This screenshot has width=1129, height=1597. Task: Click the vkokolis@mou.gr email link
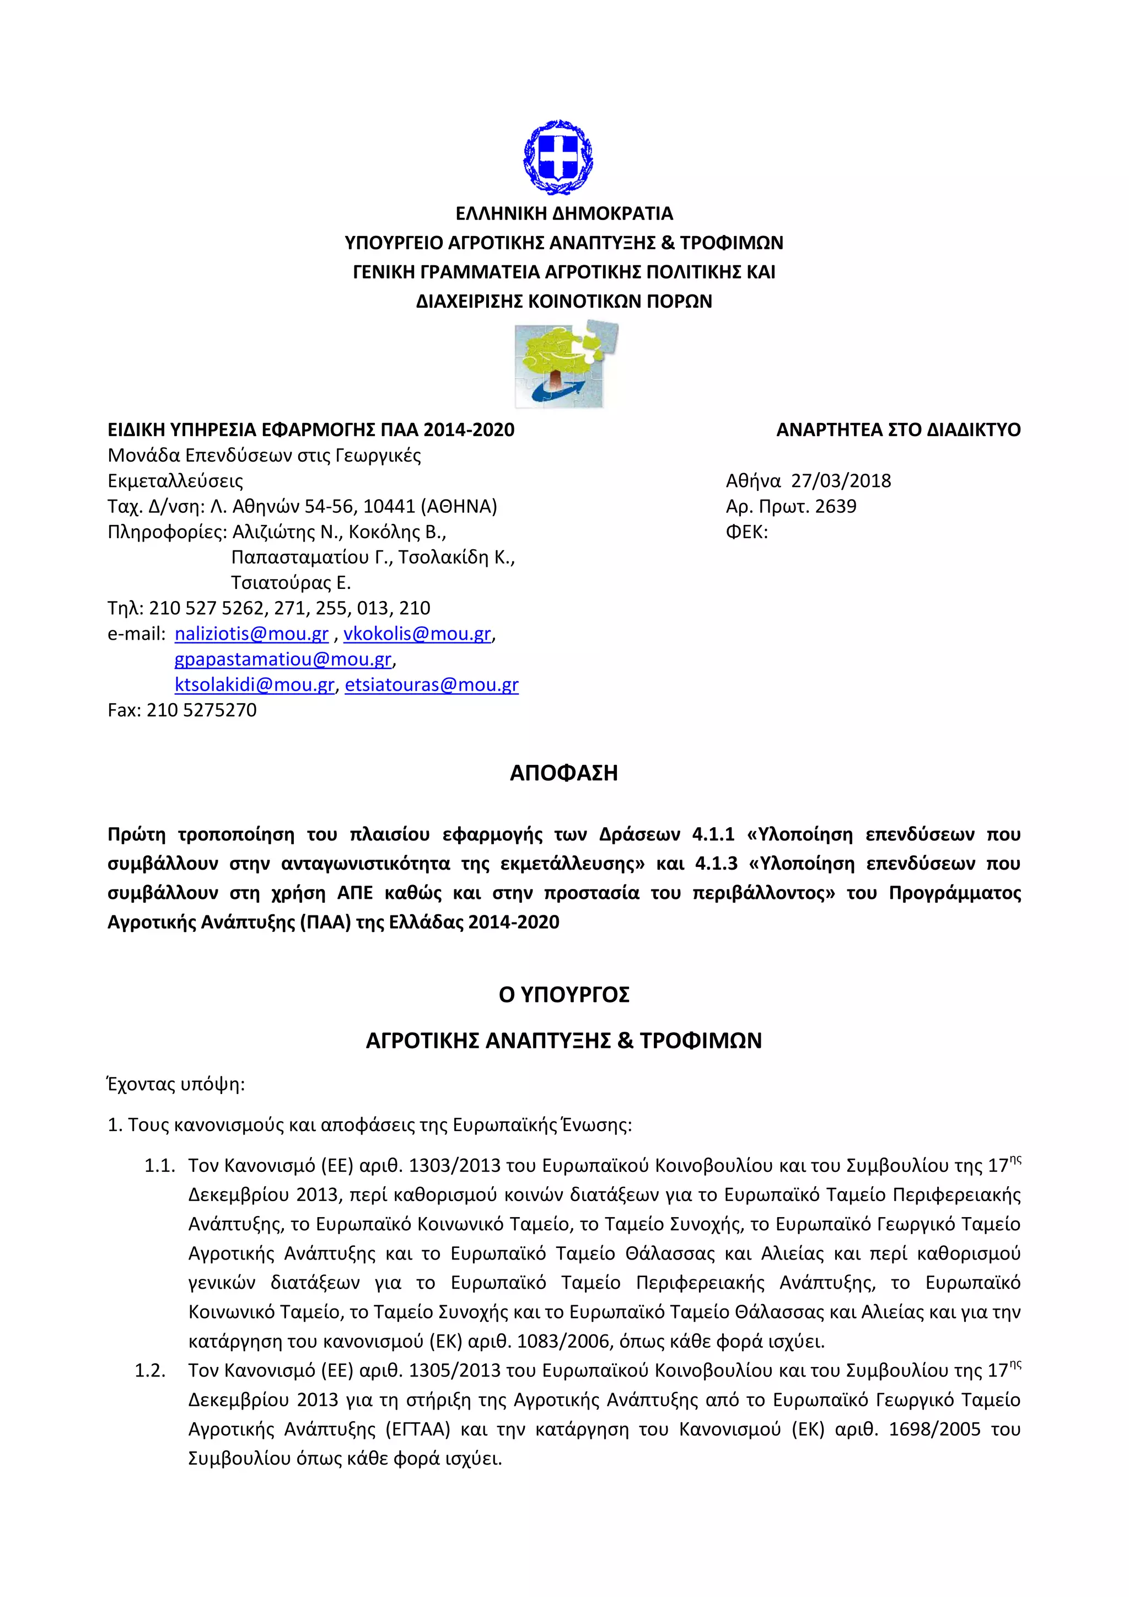(x=417, y=634)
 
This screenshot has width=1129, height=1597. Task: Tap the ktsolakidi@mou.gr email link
(x=255, y=684)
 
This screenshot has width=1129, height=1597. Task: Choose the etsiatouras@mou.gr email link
(x=432, y=684)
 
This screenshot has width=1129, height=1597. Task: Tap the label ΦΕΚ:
(x=746, y=532)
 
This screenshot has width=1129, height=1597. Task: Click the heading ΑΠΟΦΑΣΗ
(x=564, y=773)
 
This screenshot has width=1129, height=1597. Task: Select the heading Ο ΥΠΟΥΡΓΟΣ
(x=564, y=995)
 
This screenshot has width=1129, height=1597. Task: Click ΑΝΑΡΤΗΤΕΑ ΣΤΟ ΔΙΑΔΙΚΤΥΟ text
(x=898, y=430)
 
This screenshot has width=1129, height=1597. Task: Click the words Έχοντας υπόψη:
(x=176, y=1084)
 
